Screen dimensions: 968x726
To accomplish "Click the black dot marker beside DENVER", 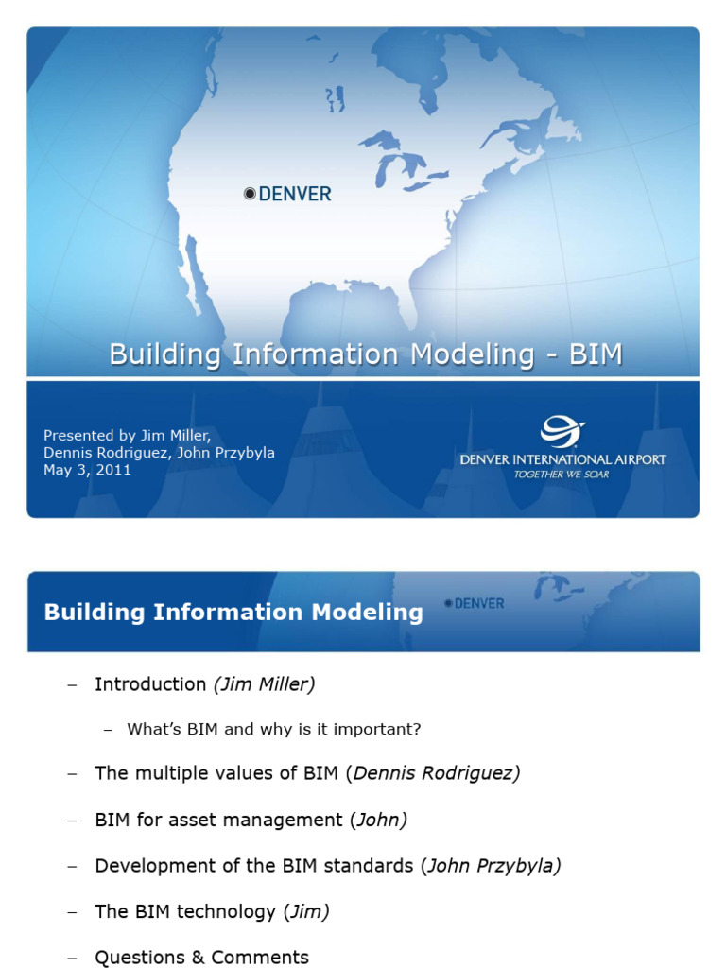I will [x=250, y=194].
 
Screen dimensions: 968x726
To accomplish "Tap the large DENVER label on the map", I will [x=295, y=194].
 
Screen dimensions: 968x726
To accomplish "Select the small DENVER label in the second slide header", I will [x=479, y=603].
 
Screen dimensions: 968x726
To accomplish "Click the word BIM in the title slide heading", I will [x=596, y=354].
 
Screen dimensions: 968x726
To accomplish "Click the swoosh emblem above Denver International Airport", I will [x=562, y=433].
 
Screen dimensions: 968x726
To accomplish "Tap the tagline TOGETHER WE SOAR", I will [x=562, y=475].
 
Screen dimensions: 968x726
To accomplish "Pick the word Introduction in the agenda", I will [x=150, y=684].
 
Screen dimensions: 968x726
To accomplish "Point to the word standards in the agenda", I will [x=368, y=865].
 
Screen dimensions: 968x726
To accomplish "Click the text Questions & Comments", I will [x=201, y=957].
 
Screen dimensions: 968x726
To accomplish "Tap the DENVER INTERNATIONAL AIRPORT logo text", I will [x=562, y=459].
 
